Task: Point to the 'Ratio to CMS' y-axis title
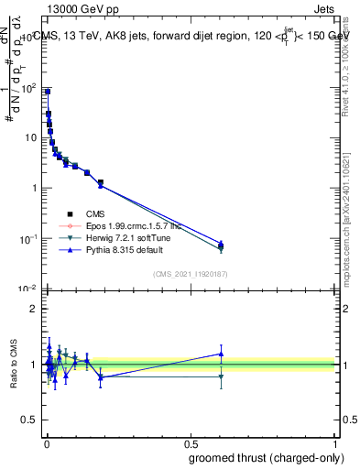coord(13,364)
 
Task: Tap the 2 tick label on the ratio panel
coord(34,309)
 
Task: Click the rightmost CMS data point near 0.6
coord(220,245)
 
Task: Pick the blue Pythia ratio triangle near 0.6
coord(220,354)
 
